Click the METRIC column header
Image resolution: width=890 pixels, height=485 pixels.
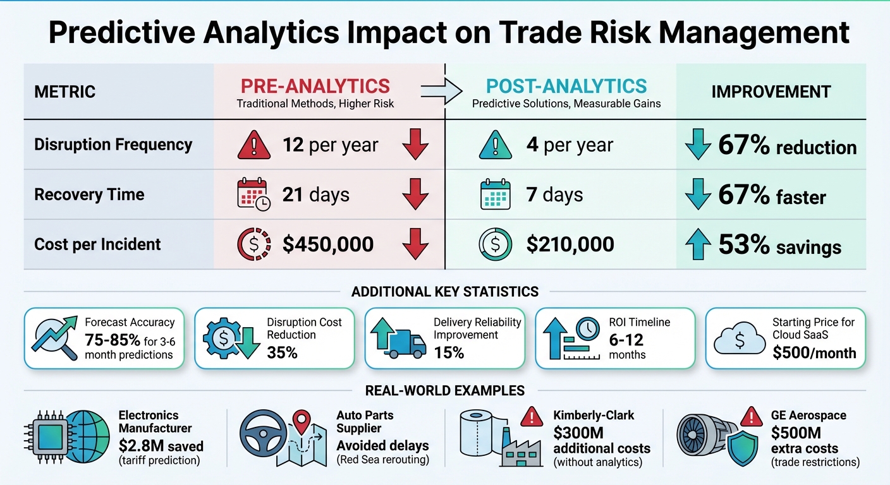[x=64, y=92]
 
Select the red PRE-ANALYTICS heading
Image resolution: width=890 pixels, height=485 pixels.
[x=315, y=87]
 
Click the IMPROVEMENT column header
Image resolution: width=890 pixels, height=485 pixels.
[x=771, y=92]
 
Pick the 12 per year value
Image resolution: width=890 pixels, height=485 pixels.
[x=330, y=145]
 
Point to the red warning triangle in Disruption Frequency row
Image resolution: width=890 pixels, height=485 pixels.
[x=254, y=146]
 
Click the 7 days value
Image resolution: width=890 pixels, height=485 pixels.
[x=554, y=195]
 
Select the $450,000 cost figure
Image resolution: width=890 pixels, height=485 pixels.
[x=328, y=244]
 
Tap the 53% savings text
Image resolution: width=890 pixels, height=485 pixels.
[x=779, y=245]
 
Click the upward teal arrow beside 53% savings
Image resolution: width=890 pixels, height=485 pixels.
[x=697, y=245]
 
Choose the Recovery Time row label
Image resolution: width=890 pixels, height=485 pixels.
[x=89, y=195]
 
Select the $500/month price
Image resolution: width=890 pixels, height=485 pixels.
[x=814, y=352]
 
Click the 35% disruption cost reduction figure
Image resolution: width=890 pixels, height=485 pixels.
[x=282, y=352]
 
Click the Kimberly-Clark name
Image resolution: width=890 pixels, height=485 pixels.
[x=593, y=416]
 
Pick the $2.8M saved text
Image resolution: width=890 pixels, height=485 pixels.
[x=161, y=446]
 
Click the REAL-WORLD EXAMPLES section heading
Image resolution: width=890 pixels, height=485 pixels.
[x=445, y=391]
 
